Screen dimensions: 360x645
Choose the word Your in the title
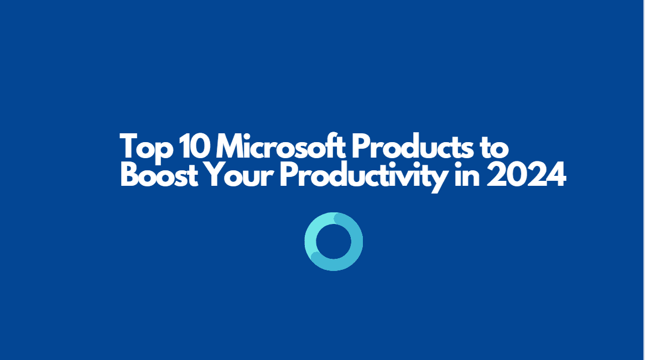click(x=242, y=176)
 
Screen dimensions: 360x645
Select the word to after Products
click(x=495, y=148)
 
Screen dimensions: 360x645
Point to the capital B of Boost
click(x=129, y=176)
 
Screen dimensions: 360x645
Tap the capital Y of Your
click(x=219, y=176)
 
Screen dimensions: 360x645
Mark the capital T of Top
click(x=129, y=147)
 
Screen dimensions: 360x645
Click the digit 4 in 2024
click(x=555, y=176)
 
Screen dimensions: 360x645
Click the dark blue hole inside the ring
click(x=334, y=242)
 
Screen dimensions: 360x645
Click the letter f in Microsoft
click(x=331, y=147)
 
